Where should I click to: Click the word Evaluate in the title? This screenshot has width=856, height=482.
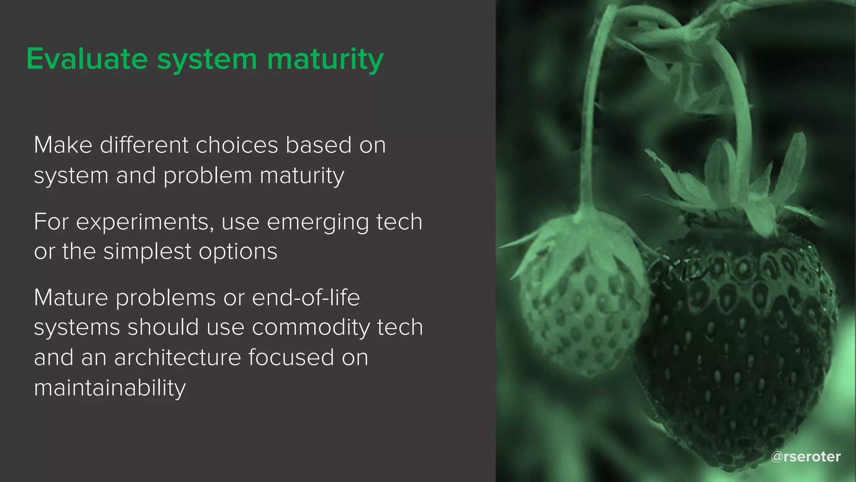point(87,59)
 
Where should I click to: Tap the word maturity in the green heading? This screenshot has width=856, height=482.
point(325,59)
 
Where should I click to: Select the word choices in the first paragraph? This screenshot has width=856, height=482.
point(237,145)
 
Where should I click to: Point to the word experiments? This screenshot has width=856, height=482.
point(145,222)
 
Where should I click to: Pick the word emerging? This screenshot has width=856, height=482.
point(318,222)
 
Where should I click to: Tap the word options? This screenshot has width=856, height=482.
point(238,252)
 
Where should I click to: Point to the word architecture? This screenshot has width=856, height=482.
point(177,358)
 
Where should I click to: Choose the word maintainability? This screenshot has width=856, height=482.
point(110,388)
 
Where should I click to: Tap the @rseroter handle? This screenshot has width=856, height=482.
point(805,456)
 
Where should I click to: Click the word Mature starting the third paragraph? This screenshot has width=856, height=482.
point(71,297)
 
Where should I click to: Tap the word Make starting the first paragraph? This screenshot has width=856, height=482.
point(63,145)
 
